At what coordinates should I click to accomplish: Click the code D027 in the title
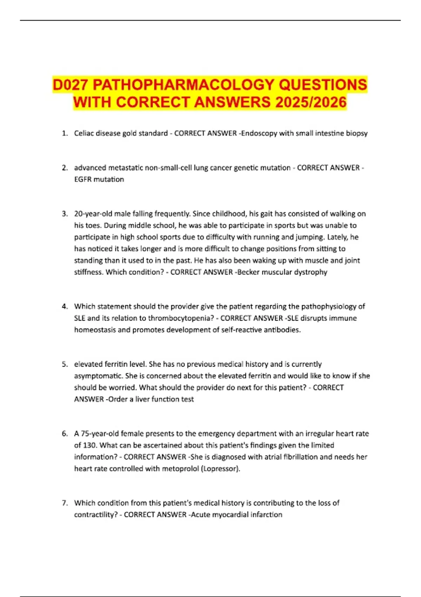coord(71,85)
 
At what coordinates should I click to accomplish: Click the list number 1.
coord(64,133)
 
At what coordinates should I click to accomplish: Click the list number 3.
coord(64,214)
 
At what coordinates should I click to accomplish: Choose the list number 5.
coord(64,364)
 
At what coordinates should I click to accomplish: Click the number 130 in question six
coord(90,445)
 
